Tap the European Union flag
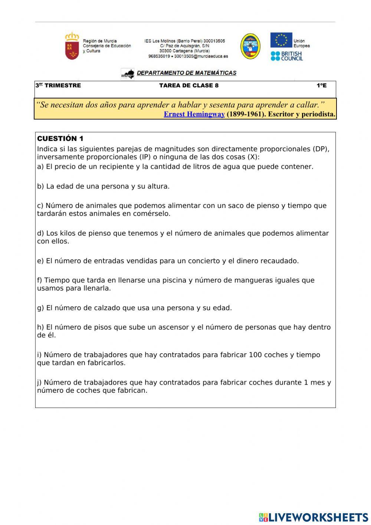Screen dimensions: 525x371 pyautogui.click(x=281, y=40)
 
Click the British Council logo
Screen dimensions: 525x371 pyautogui.click(x=286, y=56)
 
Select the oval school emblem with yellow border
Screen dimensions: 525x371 pyautogui.click(x=250, y=46)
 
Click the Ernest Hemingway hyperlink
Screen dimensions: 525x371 pyautogui.click(x=194, y=114)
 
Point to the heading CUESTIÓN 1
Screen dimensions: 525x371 pyautogui.click(x=60, y=139)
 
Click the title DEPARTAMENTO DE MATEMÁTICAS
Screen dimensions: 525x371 pyautogui.click(x=186, y=73)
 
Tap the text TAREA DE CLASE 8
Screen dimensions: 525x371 pyautogui.click(x=188, y=85)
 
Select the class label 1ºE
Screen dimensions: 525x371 pyautogui.click(x=321, y=85)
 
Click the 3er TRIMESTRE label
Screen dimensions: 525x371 pyautogui.click(x=58, y=85)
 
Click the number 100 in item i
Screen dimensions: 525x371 pyautogui.click(x=255, y=355)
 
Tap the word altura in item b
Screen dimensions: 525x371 pyautogui.click(x=158, y=186)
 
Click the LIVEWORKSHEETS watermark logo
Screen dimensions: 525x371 pyautogui.click(x=313, y=517)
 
